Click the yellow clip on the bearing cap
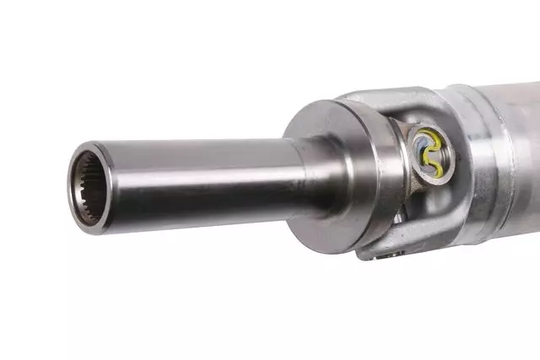coord(434,137)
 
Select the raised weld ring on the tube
coord(494,152)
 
